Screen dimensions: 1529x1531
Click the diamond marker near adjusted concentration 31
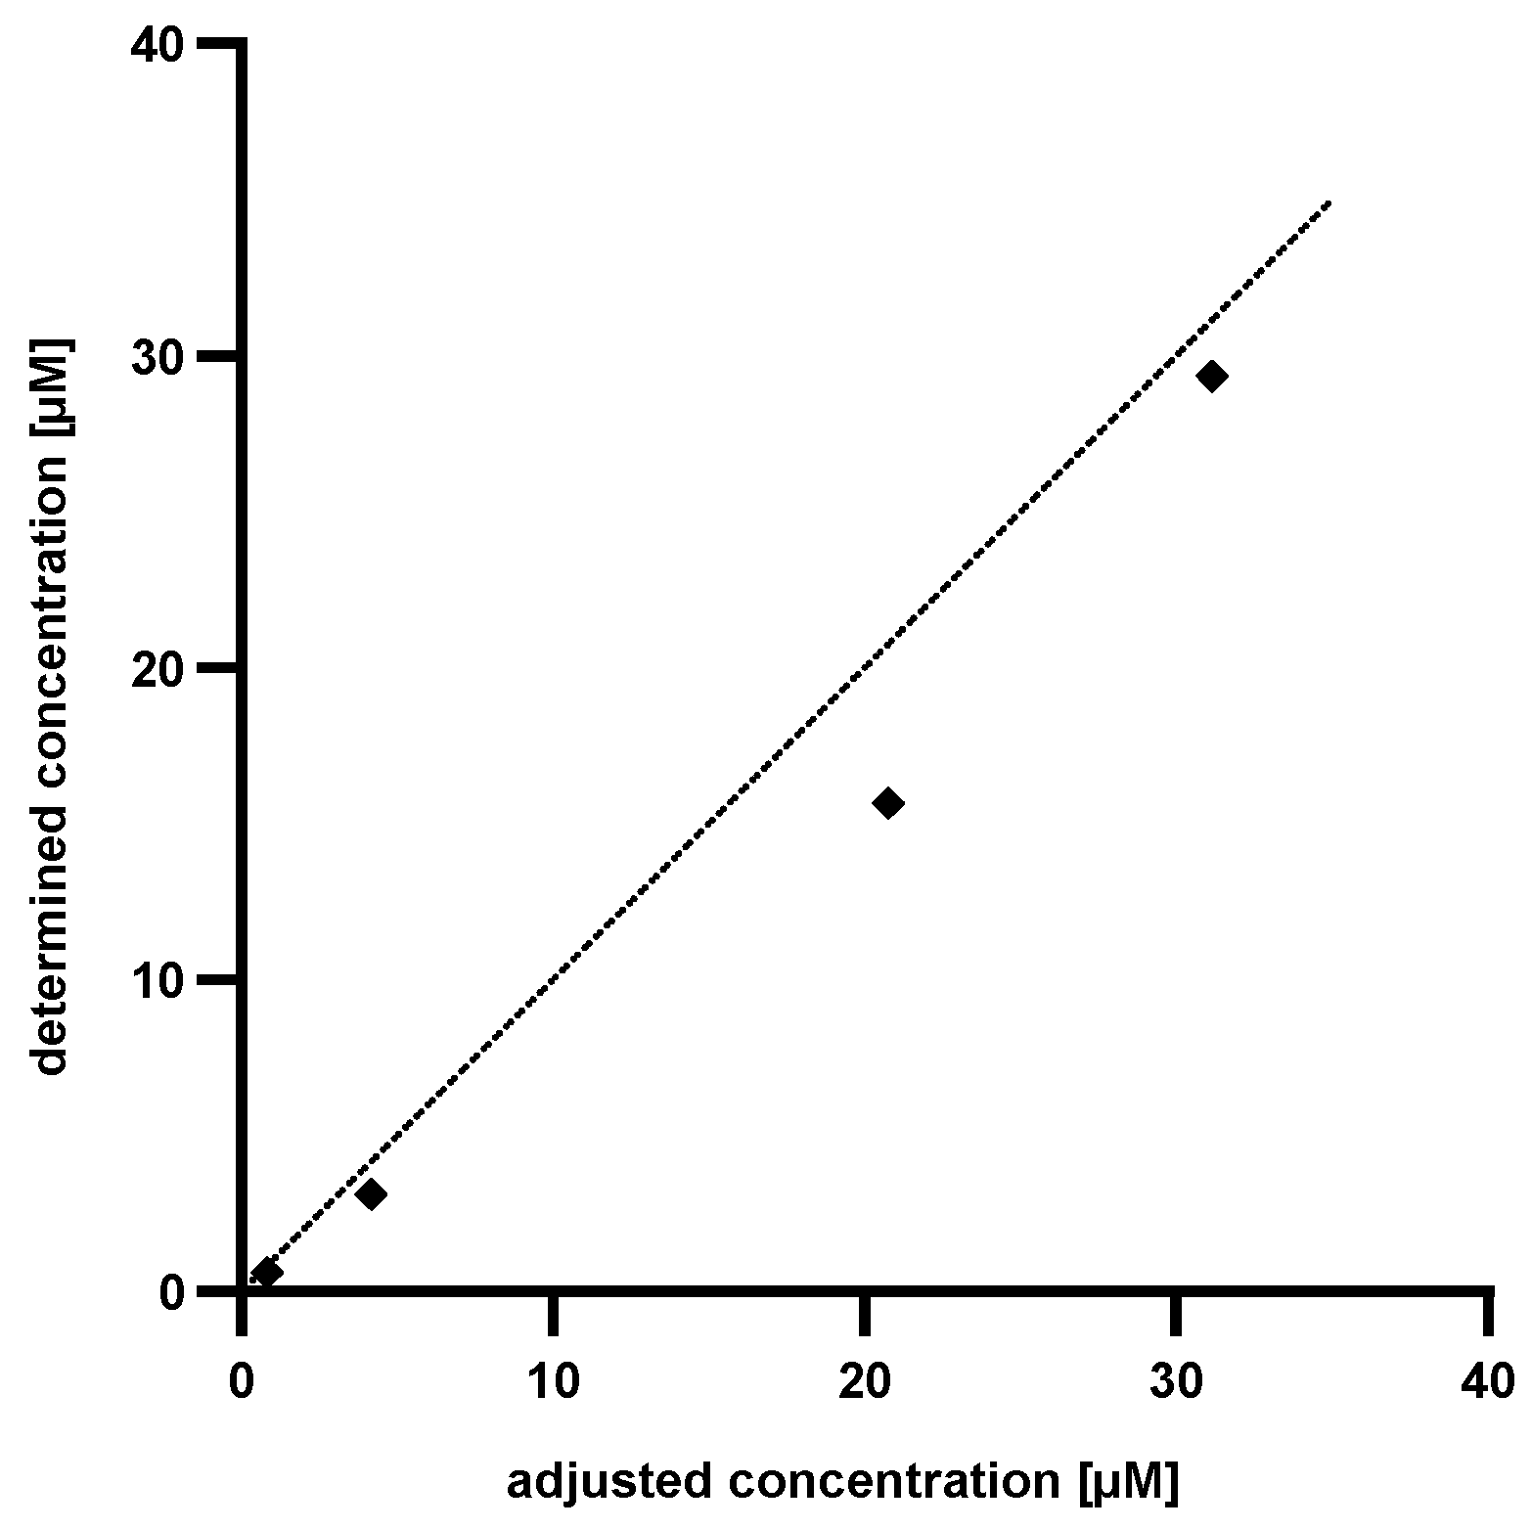click(1212, 376)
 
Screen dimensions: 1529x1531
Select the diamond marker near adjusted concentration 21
click(888, 803)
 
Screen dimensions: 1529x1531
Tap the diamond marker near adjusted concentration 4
click(371, 1193)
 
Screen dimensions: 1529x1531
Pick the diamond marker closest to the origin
click(267, 1273)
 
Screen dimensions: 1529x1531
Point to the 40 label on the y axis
click(158, 45)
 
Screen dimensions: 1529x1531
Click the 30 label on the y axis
click(158, 357)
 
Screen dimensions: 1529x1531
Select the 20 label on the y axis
click(158, 668)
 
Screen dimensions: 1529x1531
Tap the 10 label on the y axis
click(158, 980)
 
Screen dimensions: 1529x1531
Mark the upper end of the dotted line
click(1329, 203)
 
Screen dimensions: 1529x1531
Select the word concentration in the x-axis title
click(893, 1483)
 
